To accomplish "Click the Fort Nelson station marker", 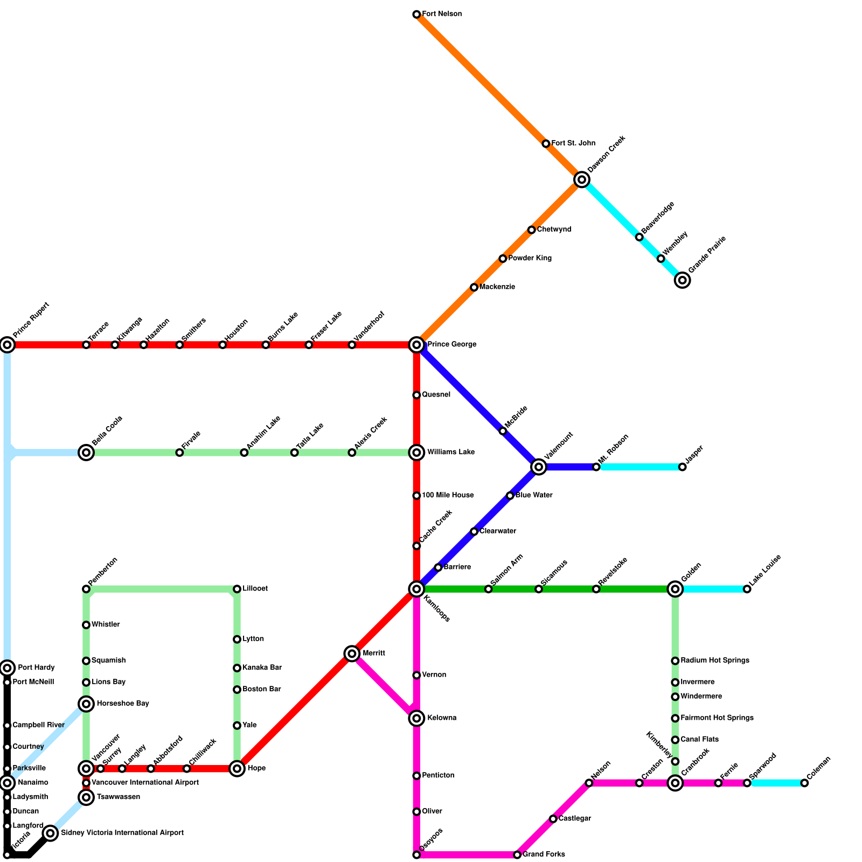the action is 416,14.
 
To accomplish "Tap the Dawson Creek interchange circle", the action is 581,179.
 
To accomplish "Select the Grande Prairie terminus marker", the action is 682,280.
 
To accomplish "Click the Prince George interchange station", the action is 416,344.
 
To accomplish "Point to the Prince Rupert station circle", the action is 7,344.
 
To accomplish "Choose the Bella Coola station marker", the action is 86,452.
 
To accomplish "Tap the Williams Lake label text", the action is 451,452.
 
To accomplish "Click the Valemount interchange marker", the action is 538,467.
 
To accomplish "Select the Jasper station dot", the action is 682,467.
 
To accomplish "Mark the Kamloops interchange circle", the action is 416,589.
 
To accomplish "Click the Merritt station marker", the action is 352,654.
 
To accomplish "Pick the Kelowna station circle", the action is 416,718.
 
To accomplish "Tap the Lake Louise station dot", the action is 747,589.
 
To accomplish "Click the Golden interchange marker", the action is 675,589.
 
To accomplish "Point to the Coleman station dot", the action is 804,783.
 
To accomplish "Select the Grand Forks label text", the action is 544,854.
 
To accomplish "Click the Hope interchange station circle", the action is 237,768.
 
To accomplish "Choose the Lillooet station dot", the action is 237,589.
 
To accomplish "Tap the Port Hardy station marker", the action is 7,668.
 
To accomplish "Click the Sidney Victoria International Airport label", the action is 122,833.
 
